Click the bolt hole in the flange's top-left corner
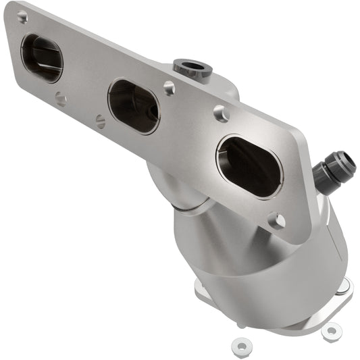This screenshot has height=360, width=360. point(22,17)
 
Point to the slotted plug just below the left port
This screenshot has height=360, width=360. point(61,99)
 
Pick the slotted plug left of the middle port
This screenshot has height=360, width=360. point(101,122)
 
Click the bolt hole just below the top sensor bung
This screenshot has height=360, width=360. point(169,87)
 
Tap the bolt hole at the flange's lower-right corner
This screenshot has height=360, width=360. point(276,220)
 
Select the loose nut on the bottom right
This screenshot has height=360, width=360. point(331,331)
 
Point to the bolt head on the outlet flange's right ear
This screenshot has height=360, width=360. point(342,286)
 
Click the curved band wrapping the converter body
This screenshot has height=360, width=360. point(270,270)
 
